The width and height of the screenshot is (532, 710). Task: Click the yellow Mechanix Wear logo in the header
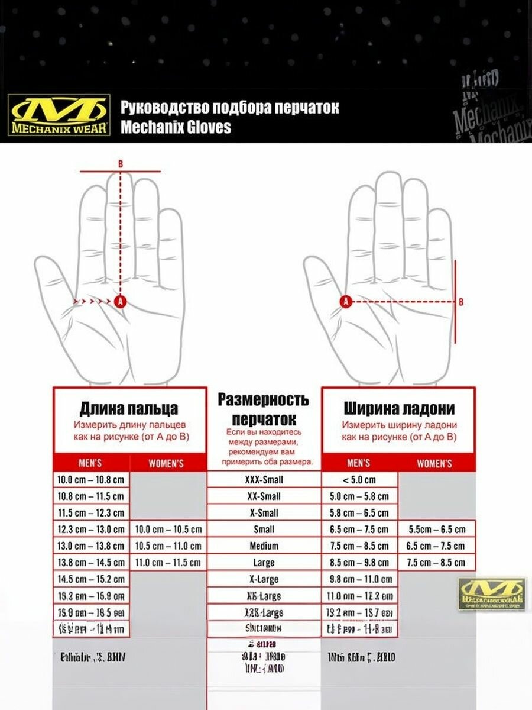(x=59, y=115)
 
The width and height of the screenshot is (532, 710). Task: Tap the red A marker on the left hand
(x=121, y=301)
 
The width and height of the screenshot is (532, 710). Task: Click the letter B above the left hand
(x=121, y=163)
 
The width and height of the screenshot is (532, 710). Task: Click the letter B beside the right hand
(x=461, y=302)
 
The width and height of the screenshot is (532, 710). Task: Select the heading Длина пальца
(x=129, y=409)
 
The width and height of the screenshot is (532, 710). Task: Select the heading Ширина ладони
(x=399, y=409)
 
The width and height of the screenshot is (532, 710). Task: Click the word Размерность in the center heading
(x=263, y=399)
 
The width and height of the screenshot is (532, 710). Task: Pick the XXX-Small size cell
(x=263, y=480)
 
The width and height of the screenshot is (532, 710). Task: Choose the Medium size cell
(x=263, y=546)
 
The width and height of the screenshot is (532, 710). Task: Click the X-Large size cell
(x=263, y=579)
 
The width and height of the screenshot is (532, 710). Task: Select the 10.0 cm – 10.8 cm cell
(x=91, y=480)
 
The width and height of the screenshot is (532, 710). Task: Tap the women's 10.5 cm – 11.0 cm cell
(x=168, y=546)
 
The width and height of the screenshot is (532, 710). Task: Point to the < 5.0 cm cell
(x=359, y=480)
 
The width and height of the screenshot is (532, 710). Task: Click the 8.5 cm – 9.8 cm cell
(x=359, y=563)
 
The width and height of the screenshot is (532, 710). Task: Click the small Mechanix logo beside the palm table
(x=492, y=593)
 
